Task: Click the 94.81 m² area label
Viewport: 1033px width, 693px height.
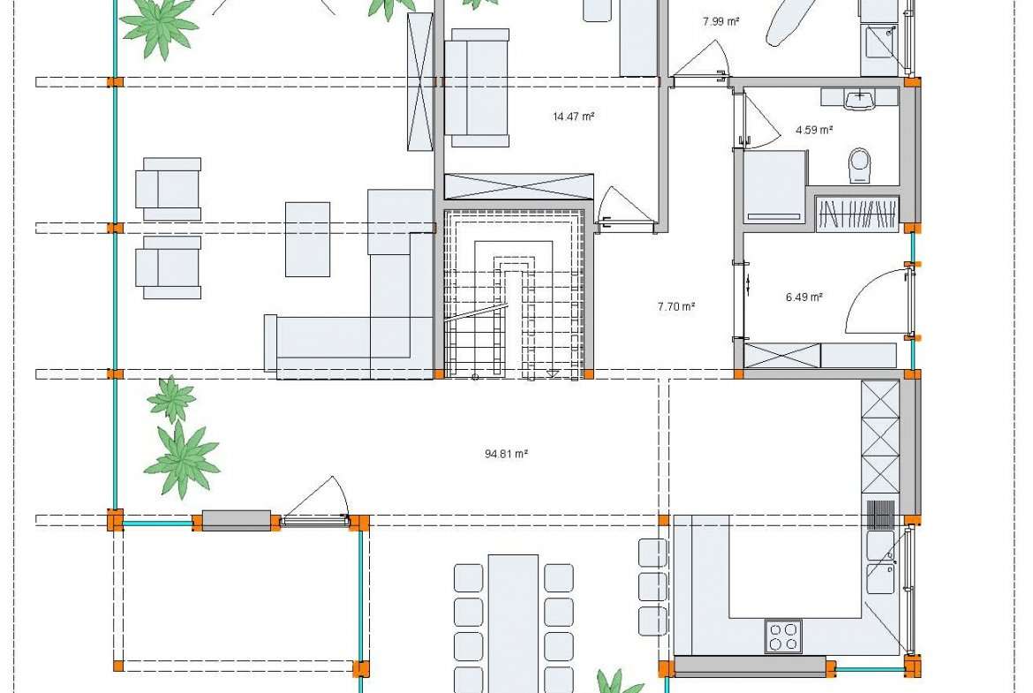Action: (x=506, y=454)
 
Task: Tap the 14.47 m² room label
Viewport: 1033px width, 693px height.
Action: (x=573, y=117)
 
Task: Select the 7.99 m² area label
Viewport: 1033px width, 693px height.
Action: (x=720, y=21)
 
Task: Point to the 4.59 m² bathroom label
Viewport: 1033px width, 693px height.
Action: (x=814, y=130)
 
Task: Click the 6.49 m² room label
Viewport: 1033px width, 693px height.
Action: (x=803, y=298)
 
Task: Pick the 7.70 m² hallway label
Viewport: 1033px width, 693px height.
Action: (x=676, y=306)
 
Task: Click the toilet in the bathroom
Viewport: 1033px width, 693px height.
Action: (x=860, y=165)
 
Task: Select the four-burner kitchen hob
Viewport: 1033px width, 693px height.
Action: (x=783, y=636)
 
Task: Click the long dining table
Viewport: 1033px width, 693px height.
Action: (x=513, y=623)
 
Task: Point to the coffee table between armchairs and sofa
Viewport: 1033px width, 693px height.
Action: (x=307, y=239)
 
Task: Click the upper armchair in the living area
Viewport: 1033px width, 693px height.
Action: (x=169, y=189)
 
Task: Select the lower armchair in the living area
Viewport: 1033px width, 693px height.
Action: (x=169, y=267)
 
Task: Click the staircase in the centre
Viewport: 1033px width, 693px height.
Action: (x=515, y=294)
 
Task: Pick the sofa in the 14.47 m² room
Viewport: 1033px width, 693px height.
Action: (x=477, y=87)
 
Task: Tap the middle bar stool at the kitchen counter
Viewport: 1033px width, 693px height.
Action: (x=652, y=586)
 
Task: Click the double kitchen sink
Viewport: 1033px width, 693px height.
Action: (x=880, y=562)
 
